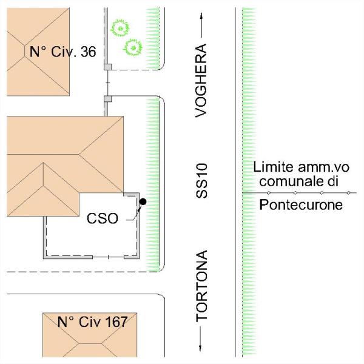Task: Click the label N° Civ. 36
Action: tap(62, 52)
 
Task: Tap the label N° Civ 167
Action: tap(92, 322)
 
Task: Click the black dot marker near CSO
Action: tap(143, 201)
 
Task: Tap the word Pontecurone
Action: tap(300, 204)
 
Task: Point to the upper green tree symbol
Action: tap(123, 27)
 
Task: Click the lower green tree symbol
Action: tap(132, 47)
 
